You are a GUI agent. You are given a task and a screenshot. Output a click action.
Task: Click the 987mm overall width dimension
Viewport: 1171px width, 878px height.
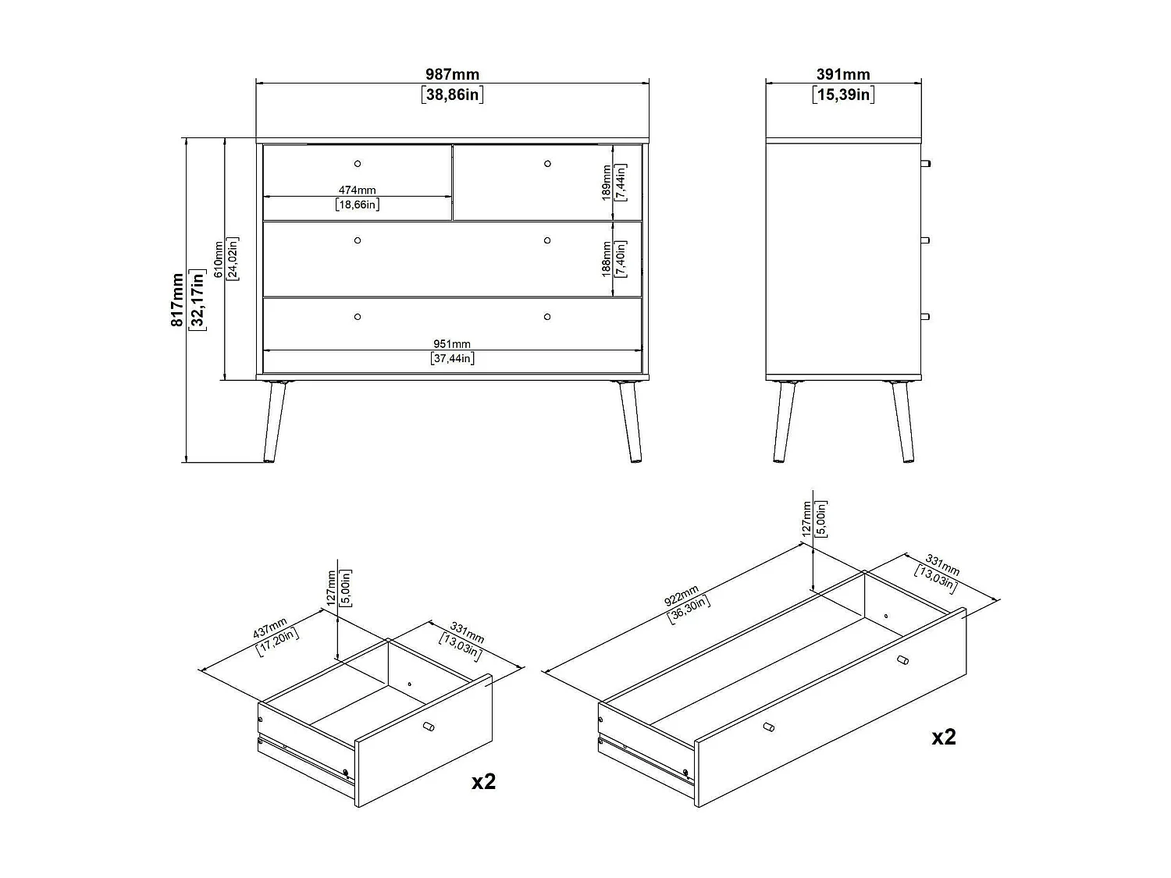pos(452,75)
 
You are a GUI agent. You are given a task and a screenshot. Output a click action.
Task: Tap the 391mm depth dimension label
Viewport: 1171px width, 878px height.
pos(843,75)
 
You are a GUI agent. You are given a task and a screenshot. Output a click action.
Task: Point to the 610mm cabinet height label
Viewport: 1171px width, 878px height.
pos(219,259)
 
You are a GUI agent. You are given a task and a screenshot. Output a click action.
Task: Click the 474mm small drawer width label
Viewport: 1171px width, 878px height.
pos(357,190)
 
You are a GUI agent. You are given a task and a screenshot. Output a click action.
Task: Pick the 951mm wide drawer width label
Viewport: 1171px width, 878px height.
pos(452,344)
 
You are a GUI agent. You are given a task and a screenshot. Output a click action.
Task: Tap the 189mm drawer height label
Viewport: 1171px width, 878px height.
pos(607,183)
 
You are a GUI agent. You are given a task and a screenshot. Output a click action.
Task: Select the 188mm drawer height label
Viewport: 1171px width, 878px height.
pos(607,258)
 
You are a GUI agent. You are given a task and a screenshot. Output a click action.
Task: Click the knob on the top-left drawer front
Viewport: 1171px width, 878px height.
pos(358,163)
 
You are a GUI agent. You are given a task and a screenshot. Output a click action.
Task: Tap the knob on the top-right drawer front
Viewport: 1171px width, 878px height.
pos(547,163)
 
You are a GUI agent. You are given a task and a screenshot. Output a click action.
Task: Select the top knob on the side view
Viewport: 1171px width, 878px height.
pos(926,163)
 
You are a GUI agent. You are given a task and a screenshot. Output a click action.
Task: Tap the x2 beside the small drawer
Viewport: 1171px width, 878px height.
pos(484,781)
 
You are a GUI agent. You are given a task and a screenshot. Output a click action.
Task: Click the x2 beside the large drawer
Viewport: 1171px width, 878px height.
pos(944,737)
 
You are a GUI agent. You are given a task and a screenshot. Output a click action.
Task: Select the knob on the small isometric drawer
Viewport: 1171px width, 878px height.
pos(428,727)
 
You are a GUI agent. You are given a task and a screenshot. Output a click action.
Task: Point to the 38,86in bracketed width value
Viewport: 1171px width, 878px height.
pos(452,95)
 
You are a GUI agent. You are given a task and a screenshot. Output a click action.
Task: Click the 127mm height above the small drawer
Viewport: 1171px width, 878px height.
pos(331,587)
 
